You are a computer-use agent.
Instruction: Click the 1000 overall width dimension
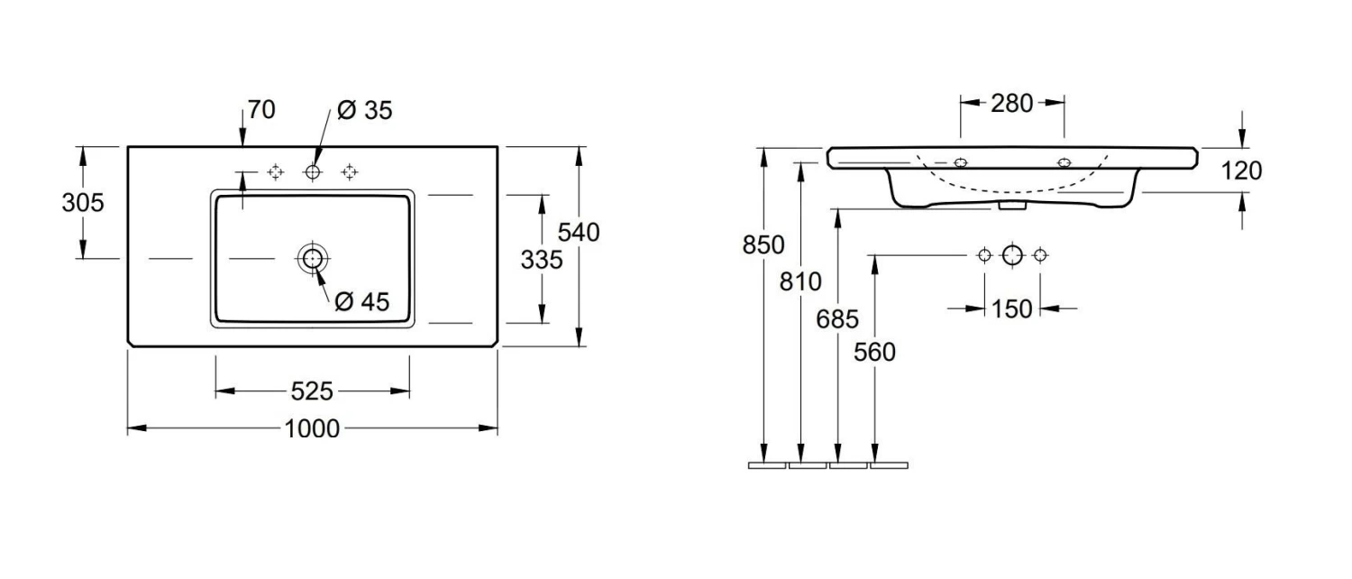[x=312, y=428]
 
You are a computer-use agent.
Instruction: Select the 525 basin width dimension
[x=312, y=391]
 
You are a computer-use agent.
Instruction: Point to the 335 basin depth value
[x=542, y=260]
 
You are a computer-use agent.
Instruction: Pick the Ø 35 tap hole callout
[x=364, y=111]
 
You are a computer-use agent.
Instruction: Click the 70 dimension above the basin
[x=260, y=110]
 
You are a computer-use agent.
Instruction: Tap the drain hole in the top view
[x=312, y=258]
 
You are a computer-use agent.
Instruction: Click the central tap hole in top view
[x=313, y=171]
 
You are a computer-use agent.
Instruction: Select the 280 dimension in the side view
[x=1011, y=104]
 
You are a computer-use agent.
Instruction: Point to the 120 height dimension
[x=1243, y=170]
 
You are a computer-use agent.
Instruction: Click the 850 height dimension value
[x=763, y=245]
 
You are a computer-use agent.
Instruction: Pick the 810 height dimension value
[x=800, y=282]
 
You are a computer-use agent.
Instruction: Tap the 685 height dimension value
[x=838, y=318]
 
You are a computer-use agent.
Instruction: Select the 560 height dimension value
[x=875, y=352]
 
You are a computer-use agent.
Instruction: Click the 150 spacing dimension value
[x=1011, y=308]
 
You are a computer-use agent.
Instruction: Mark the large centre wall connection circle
[x=1012, y=255]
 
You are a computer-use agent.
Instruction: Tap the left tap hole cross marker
[x=276, y=171]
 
